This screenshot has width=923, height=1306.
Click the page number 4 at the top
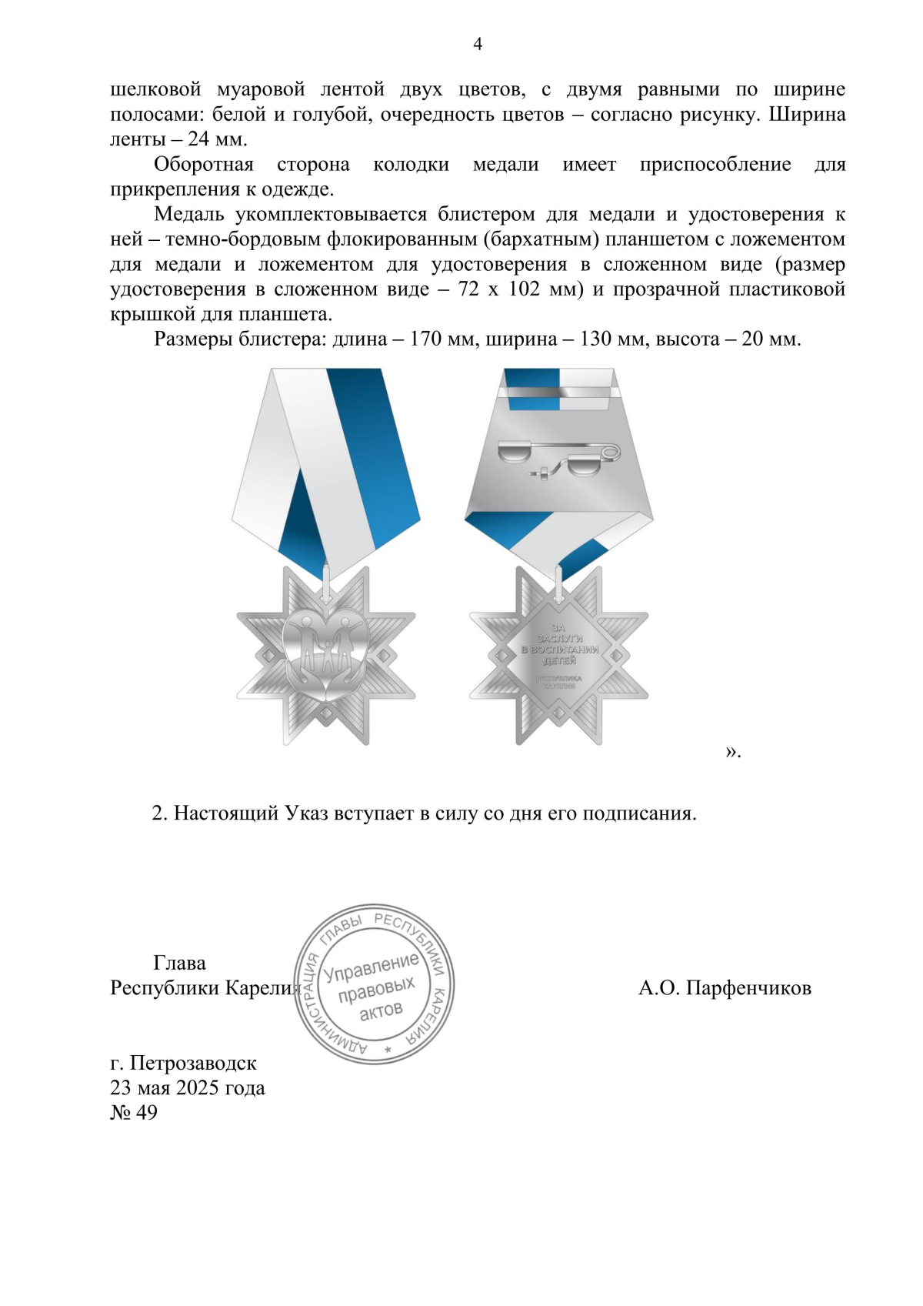[x=477, y=45]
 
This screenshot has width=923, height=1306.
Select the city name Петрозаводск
[x=193, y=1064]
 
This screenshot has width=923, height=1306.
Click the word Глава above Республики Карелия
[x=179, y=964]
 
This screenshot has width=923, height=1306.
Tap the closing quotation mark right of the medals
[x=731, y=751]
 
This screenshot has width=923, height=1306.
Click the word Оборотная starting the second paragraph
[x=204, y=165]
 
